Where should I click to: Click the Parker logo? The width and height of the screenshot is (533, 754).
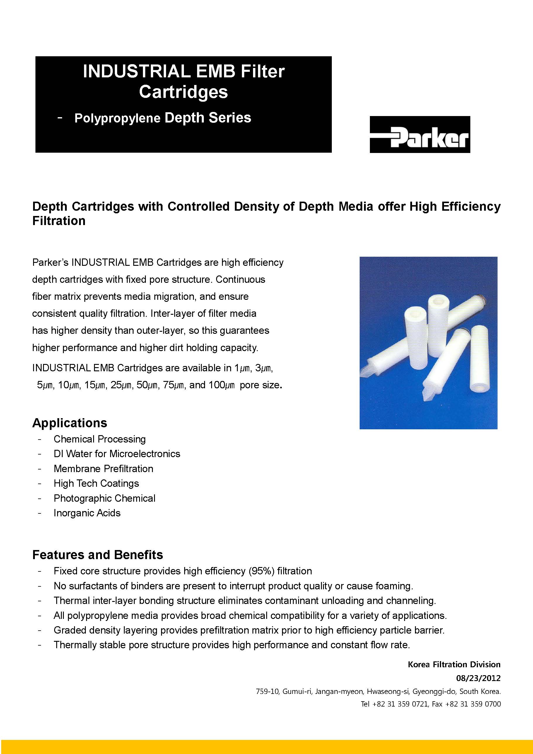click(420, 134)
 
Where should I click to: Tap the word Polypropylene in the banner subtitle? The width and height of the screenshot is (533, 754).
click(117, 118)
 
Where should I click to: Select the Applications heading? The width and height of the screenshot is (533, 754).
click(70, 423)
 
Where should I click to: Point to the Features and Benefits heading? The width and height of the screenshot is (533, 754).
click(98, 555)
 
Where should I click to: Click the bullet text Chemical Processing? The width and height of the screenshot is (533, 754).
click(100, 439)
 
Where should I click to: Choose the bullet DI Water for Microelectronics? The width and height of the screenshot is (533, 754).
click(117, 454)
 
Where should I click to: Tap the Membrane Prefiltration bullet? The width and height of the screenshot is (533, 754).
click(103, 468)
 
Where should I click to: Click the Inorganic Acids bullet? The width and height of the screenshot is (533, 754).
click(87, 513)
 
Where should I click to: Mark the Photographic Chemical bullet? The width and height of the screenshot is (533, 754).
click(104, 498)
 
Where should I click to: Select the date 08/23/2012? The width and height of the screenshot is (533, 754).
click(478, 678)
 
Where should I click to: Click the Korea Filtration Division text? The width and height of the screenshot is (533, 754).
click(454, 664)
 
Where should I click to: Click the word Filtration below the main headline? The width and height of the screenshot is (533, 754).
click(59, 221)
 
